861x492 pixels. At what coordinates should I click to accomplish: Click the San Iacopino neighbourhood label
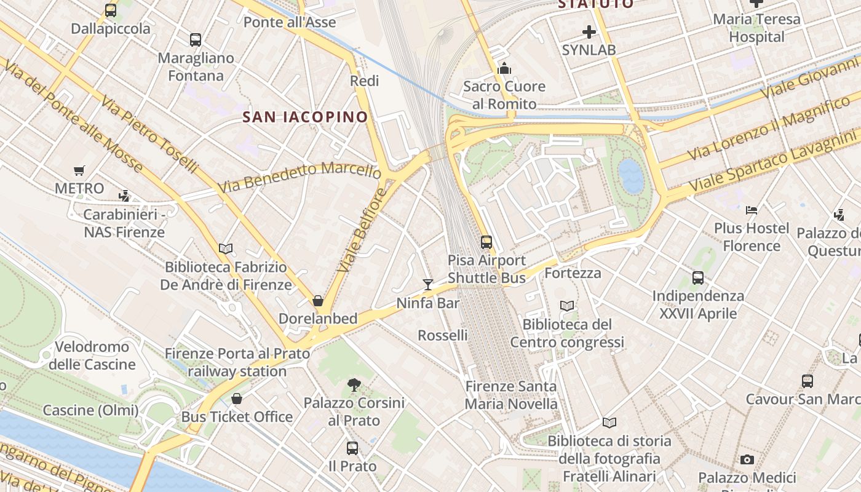point(305,117)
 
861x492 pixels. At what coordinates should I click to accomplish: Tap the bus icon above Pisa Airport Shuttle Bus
point(486,242)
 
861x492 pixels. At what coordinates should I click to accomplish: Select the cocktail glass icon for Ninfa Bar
point(428,284)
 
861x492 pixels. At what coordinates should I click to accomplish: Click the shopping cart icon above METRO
point(79,170)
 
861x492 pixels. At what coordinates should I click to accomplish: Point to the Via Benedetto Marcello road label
point(300,176)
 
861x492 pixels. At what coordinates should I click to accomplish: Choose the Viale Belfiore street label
point(363,230)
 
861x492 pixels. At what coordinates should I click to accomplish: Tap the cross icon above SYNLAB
point(589,31)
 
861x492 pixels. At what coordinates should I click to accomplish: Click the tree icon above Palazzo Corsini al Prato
point(354,385)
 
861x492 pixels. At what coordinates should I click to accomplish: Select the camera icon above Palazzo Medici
point(747,459)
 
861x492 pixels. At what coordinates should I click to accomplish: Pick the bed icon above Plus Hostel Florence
point(752,210)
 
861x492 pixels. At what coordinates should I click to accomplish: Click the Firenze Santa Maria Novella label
point(510,395)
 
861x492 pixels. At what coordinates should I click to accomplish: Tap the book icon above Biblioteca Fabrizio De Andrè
point(226,249)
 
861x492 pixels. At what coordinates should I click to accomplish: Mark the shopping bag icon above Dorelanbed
point(318,301)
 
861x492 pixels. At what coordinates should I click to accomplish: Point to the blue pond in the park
point(631,177)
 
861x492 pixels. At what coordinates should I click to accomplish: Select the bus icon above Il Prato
point(352,448)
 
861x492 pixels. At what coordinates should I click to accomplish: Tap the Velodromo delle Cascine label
point(92,355)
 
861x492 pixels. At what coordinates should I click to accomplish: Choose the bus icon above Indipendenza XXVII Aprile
point(698,278)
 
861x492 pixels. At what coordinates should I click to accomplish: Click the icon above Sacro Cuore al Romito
point(504,68)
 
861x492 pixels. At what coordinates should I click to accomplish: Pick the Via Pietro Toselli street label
point(149,135)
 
